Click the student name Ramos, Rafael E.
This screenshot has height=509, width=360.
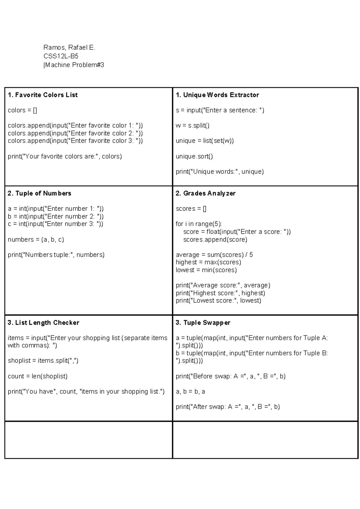tap(69, 47)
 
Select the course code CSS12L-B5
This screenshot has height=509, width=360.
tap(61, 56)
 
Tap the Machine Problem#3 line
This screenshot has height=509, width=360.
tap(74, 65)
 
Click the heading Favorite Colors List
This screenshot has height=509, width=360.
tap(43, 95)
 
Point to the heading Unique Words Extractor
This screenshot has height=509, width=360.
tap(217, 95)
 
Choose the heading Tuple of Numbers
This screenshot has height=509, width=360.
tap(39, 194)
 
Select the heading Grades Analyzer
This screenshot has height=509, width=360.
tap(205, 194)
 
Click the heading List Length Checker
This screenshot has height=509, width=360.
tap(43, 323)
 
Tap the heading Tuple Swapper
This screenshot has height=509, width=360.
tap(203, 323)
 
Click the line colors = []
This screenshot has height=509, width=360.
tap(22, 110)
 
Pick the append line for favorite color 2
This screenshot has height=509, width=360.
tap(75, 133)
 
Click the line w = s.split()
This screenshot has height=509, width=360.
tap(193, 126)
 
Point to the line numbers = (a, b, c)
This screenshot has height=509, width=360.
tap(36, 239)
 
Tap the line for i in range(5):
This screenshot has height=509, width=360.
tap(199, 224)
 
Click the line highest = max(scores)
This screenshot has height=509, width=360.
tap(208, 262)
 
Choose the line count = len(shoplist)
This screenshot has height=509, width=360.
tap(38, 376)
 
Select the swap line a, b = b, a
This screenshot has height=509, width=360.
tap(190, 392)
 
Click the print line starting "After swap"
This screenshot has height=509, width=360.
tap(228, 407)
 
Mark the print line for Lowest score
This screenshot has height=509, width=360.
tap(218, 301)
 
